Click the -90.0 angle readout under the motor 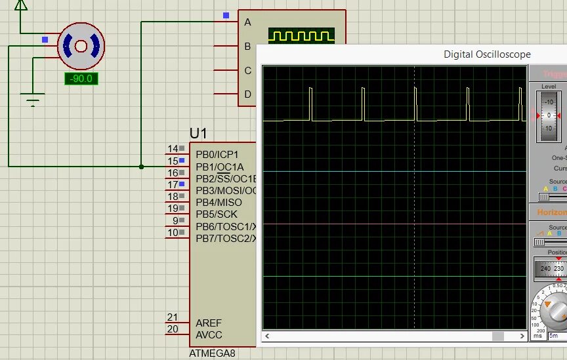point(81,79)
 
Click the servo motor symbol point(81,46)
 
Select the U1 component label point(199,134)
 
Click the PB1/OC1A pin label point(219,167)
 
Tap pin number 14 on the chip point(173,149)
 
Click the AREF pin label point(209,323)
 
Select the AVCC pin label point(209,335)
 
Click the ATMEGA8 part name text point(212,353)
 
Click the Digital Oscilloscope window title point(487,54)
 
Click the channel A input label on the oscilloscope point(247,22)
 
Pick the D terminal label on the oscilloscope point(247,94)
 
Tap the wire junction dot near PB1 point(141,167)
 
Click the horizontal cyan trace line point(394,172)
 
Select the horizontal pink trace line point(394,224)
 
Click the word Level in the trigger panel point(549,87)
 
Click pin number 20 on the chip point(173,329)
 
